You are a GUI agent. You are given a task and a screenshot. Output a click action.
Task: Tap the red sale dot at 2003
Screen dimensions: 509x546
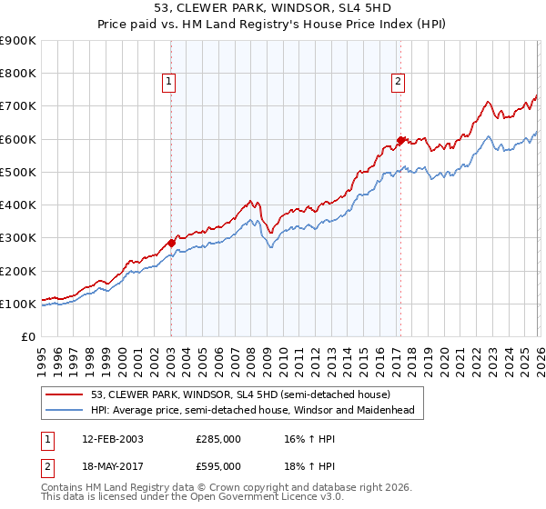171,243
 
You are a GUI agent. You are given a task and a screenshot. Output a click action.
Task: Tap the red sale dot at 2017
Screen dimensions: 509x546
400,140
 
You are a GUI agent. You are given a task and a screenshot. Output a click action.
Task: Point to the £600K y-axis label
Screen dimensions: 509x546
18,139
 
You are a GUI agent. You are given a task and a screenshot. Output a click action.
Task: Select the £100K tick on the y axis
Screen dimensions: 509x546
18,304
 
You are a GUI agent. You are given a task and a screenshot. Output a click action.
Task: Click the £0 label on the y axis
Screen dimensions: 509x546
27,336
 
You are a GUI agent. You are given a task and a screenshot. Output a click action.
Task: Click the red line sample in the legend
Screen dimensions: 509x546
66,394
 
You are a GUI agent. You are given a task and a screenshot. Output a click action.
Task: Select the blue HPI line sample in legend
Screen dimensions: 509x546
66,410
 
